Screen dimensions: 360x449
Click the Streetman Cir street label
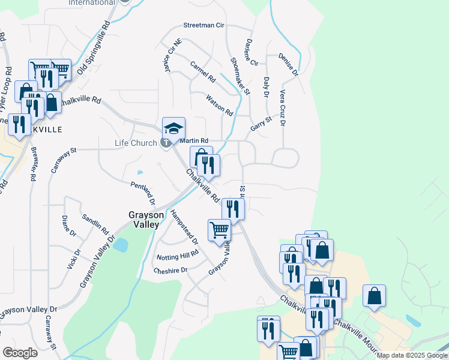click(203, 26)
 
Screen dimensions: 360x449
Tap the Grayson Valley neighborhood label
click(144, 219)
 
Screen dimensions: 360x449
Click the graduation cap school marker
click(173, 128)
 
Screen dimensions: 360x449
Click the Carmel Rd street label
click(202, 71)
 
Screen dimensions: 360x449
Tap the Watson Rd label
click(219, 104)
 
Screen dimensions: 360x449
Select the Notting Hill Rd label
click(177, 256)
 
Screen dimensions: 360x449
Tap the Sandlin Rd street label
click(95, 223)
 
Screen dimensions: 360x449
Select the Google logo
click(20, 352)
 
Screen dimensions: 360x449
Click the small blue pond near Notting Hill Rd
click(121, 245)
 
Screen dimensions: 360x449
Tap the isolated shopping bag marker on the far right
click(374, 295)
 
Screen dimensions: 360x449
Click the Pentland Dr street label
click(143, 193)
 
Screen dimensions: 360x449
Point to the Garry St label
click(261, 125)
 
